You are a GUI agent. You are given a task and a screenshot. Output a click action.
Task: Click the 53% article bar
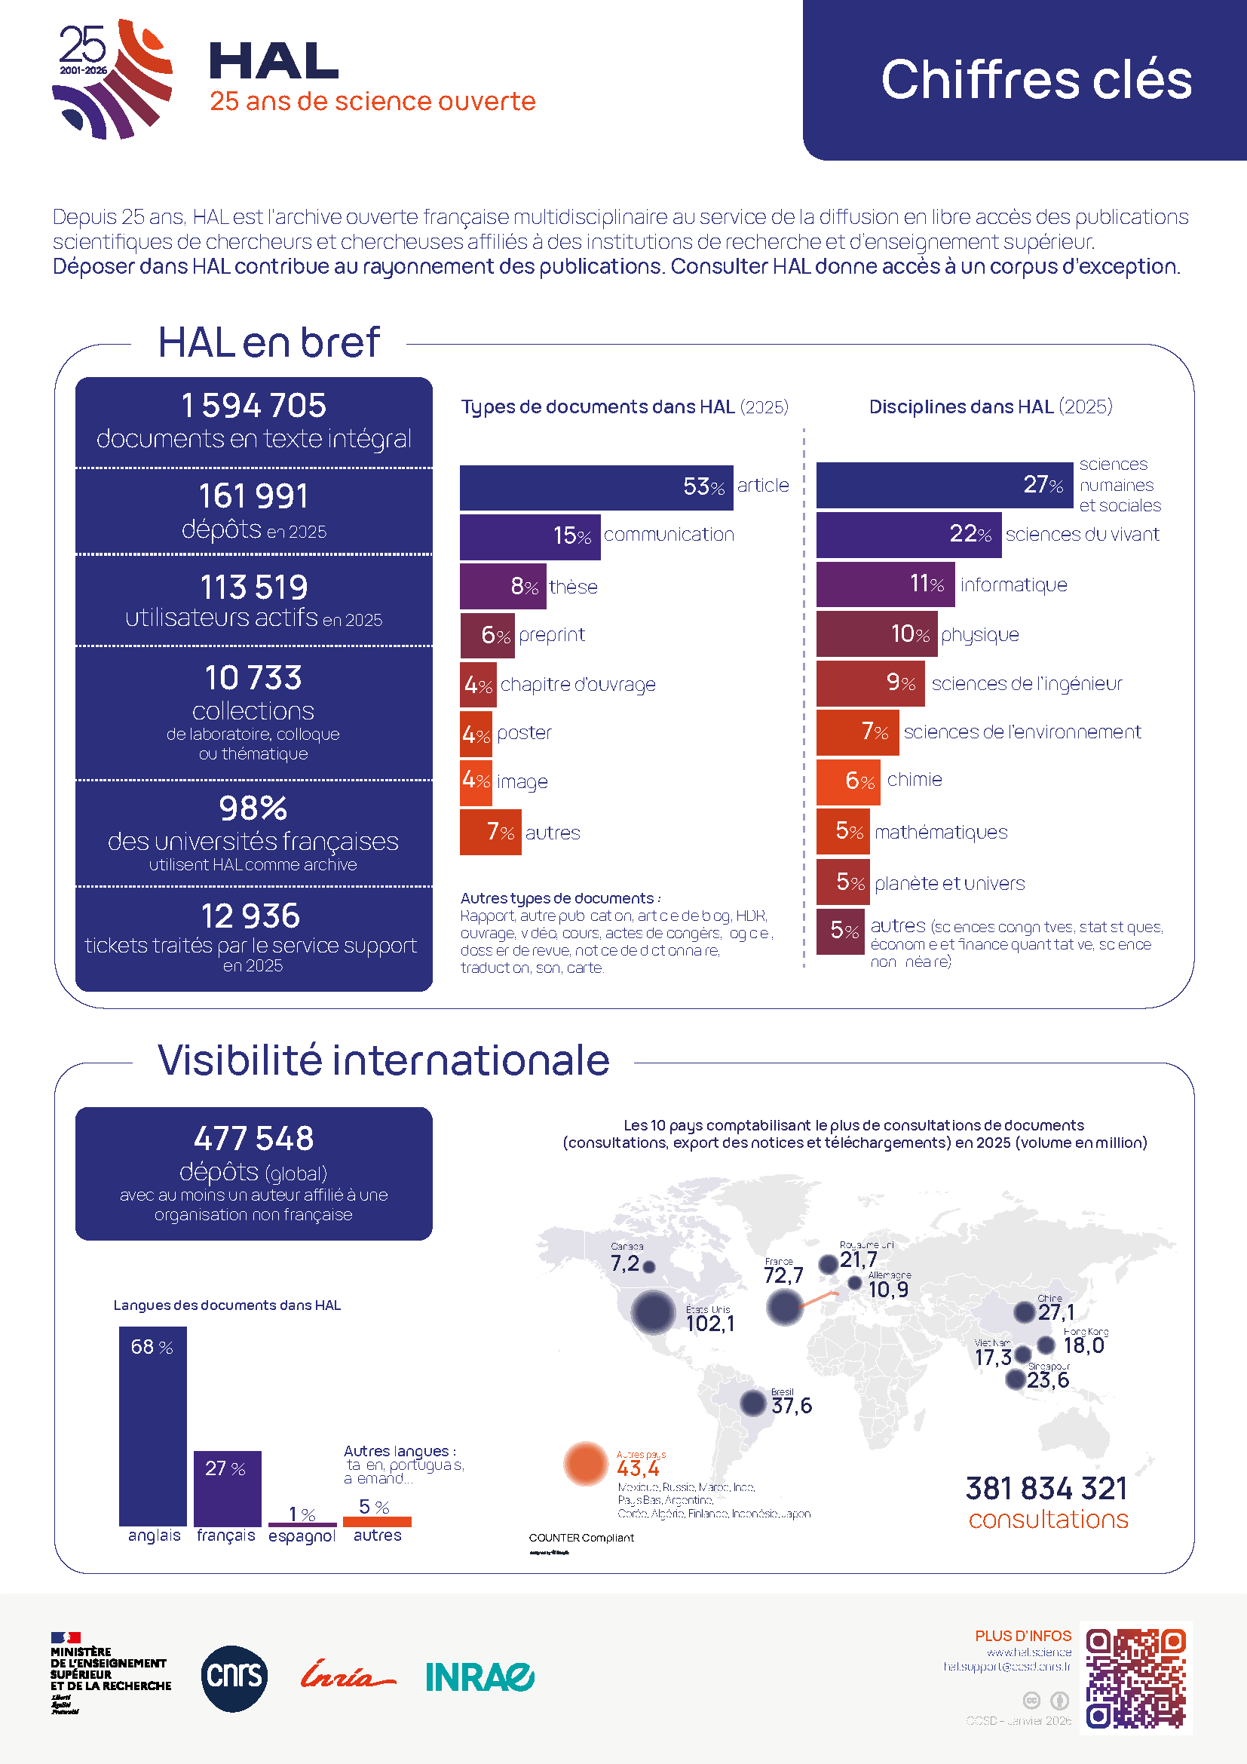pyautogui.click(x=595, y=487)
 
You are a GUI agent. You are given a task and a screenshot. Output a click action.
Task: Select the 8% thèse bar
pyautogui.click(x=502, y=586)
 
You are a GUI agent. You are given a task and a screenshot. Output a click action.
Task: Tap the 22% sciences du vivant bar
pyautogui.click(x=908, y=535)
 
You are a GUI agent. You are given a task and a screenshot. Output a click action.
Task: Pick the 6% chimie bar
pyautogui.click(x=847, y=781)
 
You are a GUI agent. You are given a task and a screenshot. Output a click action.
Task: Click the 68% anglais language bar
pyautogui.click(x=153, y=1426)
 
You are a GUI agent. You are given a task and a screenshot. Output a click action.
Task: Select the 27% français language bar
pyautogui.click(x=227, y=1488)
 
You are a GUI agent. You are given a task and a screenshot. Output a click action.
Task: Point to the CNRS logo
pyautogui.click(x=234, y=1679)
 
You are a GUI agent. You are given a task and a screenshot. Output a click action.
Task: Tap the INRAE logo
pyautogui.click(x=480, y=1677)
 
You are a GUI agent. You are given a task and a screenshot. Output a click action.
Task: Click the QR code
pyautogui.click(x=1135, y=1678)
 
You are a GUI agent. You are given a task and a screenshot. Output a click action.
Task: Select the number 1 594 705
pyautogui.click(x=253, y=406)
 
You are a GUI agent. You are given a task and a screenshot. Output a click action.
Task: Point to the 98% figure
pyautogui.click(x=253, y=808)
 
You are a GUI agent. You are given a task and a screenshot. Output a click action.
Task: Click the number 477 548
pyautogui.click(x=253, y=1138)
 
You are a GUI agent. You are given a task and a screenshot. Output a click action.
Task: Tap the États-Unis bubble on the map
pyautogui.click(x=653, y=1311)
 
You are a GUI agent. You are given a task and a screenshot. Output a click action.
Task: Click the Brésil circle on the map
pyautogui.click(x=753, y=1403)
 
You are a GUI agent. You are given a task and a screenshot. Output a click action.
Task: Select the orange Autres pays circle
pyautogui.click(x=586, y=1464)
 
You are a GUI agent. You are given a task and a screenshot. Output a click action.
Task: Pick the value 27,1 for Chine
pyautogui.click(x=1056, y=1312)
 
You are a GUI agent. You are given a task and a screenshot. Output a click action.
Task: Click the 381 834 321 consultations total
pyautogui.click(x=1046, y=1489)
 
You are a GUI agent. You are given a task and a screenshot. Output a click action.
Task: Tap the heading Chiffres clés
pyautogui.click(x=1036, y=80)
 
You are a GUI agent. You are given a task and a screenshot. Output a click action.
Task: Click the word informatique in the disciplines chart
pyautogui.click(x=1013, y=585)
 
